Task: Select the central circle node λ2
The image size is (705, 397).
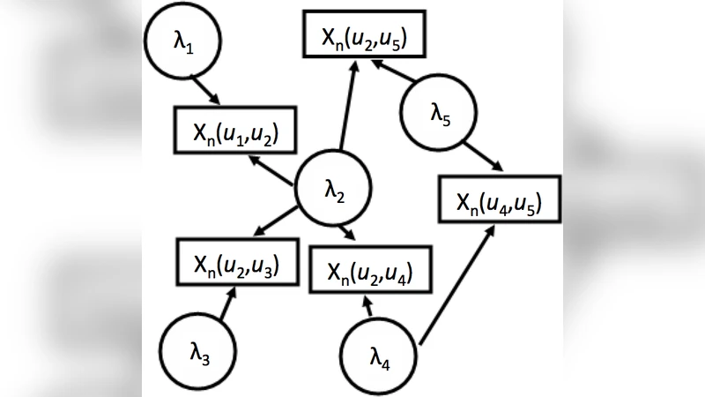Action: tap(333, 190)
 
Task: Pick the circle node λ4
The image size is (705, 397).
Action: tap(379, 355)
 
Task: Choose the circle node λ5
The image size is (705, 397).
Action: tap(438, 115)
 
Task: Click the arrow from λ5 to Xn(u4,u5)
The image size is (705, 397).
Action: tap(482, 154)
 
